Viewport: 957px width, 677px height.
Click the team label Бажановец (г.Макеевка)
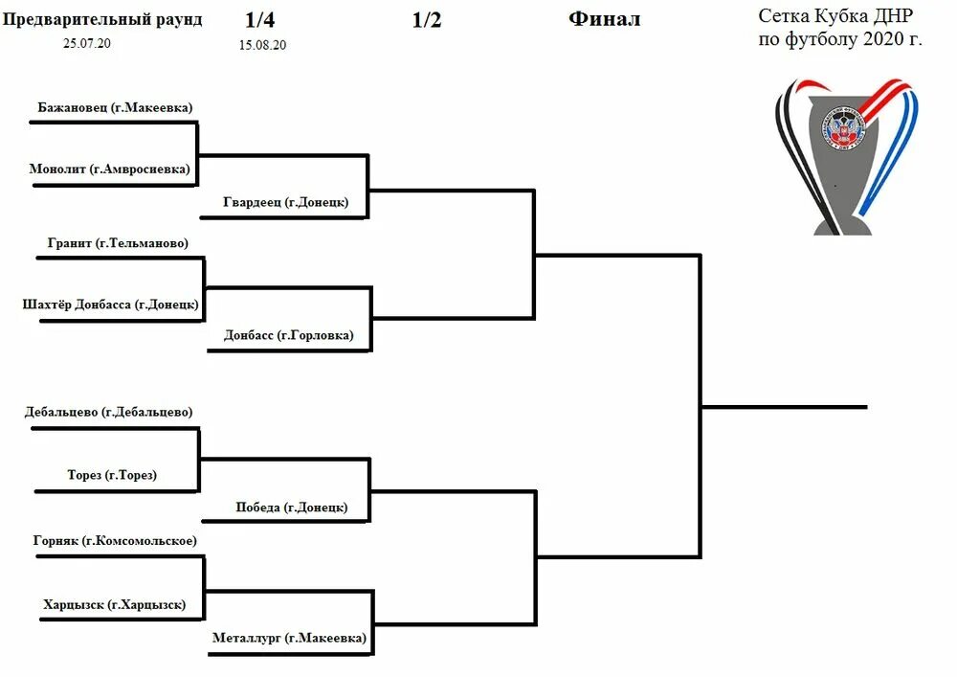point(116,108)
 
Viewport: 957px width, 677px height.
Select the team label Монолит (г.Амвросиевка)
point(110,169)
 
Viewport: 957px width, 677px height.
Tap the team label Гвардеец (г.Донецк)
point(286,203)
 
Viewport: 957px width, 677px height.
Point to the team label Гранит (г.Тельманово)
point(118,243)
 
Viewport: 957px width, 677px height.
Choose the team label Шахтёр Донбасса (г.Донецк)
point(110,305)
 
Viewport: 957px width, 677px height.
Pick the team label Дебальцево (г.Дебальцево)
point(108,413)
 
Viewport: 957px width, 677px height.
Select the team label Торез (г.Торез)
point(112,475)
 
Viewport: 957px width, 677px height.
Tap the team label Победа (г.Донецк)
point(292,508)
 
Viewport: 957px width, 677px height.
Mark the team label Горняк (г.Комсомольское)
point(115,541)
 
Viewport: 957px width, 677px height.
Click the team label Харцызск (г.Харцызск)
point(114,605)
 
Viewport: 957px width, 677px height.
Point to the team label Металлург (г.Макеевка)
point(288,638)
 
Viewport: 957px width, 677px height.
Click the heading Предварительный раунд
point(103,20)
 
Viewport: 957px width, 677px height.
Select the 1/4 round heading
point(259,20)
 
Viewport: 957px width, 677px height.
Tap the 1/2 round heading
point(427,20)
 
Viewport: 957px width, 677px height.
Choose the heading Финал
point(604,19)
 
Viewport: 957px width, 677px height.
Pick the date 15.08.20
point(263,45)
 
